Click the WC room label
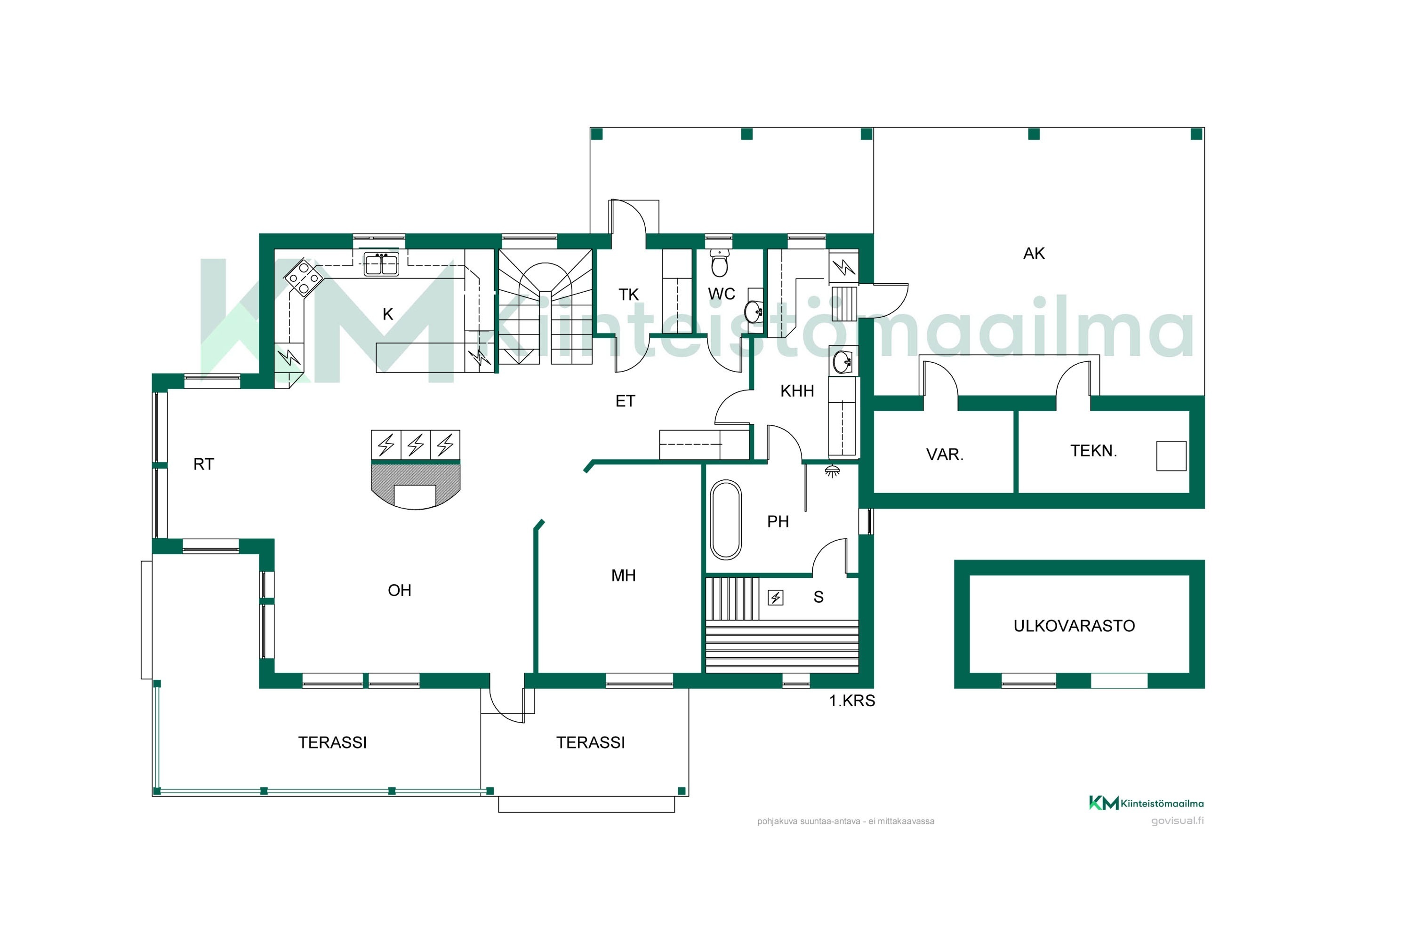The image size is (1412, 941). tap(721, 294)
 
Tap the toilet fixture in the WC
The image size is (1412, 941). tap(719, 262)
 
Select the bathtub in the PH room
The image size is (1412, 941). tap(726, 520)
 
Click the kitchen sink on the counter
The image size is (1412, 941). tap(381, 264)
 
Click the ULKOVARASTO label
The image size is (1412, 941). tap(1074, 626)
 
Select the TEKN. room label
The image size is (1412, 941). tap(1093, 451)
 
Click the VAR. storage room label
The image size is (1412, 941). tap(944, 455)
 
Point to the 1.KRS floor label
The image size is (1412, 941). tap(852, 701)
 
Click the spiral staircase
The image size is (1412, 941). tap(545, 307)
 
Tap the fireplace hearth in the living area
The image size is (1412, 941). tap(416, 486)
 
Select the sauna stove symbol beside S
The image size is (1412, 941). tap(776, 598)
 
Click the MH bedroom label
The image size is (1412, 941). tap(623, 575)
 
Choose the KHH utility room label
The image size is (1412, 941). tap(797, 391)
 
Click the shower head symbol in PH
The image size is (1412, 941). tap(832, 471)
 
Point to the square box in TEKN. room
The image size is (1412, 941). tap(1171, 456)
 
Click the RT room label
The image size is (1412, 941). tap(203, 464)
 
